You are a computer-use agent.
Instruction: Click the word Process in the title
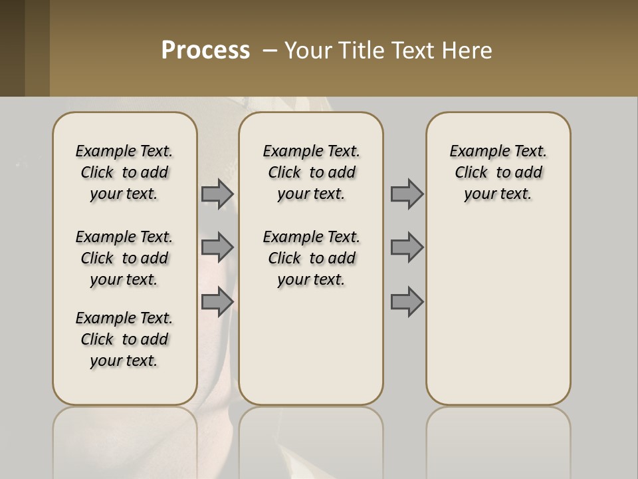[205, 51]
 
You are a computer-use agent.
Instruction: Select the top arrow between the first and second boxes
[217, 194]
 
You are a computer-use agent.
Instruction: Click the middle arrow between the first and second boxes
[217, 247]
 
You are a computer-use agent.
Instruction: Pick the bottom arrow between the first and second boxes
[217, 301]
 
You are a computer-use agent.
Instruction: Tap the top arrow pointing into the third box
[407, 194]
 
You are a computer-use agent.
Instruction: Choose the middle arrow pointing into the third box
[407, 247]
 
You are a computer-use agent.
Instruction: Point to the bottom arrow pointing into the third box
[407, 301]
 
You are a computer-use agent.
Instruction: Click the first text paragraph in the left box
[124, 172]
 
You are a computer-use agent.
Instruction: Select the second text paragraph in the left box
[124, 258]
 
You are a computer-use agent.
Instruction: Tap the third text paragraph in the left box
[124, 339]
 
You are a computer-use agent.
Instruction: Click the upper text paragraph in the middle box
[311, 172]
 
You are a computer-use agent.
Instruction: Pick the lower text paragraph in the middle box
[311, 258]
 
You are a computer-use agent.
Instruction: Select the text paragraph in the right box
[498, 172]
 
